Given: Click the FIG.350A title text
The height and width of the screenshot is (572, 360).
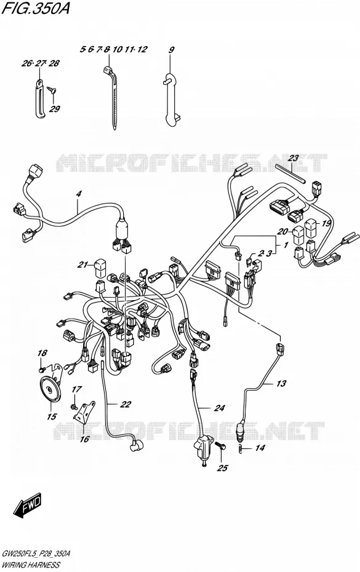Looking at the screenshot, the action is pos(36,8).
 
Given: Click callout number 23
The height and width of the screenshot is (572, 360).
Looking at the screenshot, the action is pos(293,158).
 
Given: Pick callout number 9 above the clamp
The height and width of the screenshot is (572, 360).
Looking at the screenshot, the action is pos(172,50).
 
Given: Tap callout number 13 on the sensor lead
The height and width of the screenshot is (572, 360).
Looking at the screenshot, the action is pos(281,383).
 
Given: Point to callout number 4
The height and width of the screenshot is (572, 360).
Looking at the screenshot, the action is pos(79,194).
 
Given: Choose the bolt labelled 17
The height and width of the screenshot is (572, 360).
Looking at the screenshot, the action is pos(73,406).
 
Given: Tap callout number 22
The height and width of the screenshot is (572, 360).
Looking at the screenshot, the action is pos(126,404).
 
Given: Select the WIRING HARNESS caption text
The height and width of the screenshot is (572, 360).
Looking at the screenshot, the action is pos(31,565).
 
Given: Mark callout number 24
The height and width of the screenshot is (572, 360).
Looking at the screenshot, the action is pos(220,408).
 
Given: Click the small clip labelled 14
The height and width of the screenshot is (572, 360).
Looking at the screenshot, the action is pos(240,448).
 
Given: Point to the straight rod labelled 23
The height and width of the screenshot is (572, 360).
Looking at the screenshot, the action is pos(291,173).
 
